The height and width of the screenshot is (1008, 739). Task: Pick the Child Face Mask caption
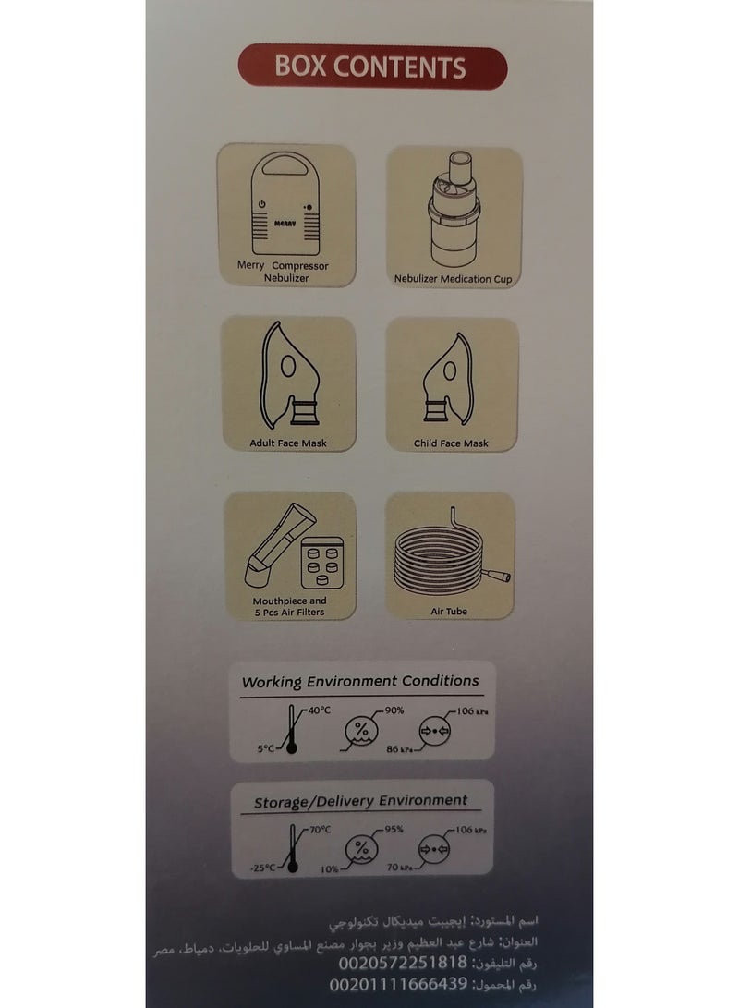452,443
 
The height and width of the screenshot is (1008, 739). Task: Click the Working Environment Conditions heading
360,681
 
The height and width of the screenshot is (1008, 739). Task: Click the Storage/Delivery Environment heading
360,800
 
